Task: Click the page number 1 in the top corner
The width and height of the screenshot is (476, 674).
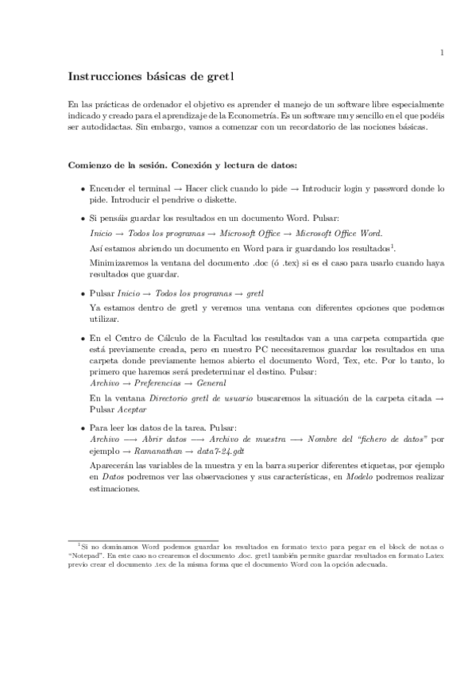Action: tap(441, 53)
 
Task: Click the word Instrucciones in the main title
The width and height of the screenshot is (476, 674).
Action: tap(103, 76)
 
